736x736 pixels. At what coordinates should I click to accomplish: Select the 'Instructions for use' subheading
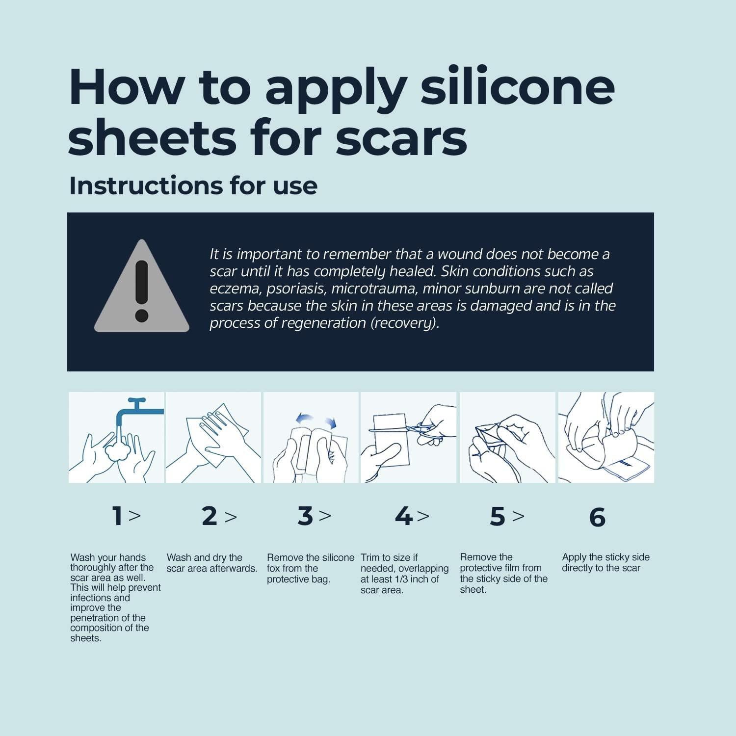pos(193,185)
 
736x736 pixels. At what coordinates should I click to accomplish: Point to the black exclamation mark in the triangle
pos(142,290)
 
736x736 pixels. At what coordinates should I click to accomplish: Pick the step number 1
pos(117,516)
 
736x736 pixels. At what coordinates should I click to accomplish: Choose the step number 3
pos(305,516)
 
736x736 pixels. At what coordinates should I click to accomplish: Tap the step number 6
pos(597,517)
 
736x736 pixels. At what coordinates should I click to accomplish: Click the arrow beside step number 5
pos(518,516)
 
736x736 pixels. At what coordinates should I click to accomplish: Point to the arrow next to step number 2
pos(231,517)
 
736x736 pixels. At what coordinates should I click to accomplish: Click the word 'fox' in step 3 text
pos(274,569)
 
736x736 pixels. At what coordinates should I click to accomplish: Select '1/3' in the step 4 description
pos(403,579)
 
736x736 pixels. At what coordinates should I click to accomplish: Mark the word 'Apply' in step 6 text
pos(575,558)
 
